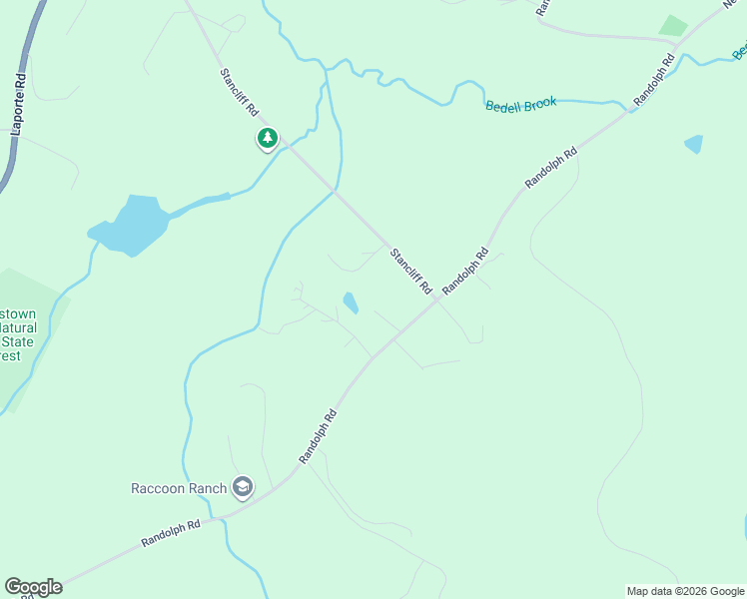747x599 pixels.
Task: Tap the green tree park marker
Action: click(267, 139)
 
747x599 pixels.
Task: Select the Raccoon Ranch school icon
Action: click(242, 487)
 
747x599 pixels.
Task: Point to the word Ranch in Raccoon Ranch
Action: click(208, 488)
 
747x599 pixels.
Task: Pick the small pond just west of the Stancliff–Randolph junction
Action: click(351, 301)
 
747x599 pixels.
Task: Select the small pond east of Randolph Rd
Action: click(694, 144)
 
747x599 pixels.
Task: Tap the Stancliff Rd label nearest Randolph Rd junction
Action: click(410, 270)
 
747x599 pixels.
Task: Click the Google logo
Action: click(33, 587)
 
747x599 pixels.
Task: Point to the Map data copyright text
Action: click(685, 591)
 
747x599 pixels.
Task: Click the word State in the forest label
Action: click(18, 341)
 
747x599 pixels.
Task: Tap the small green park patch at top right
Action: click(674, 26)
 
